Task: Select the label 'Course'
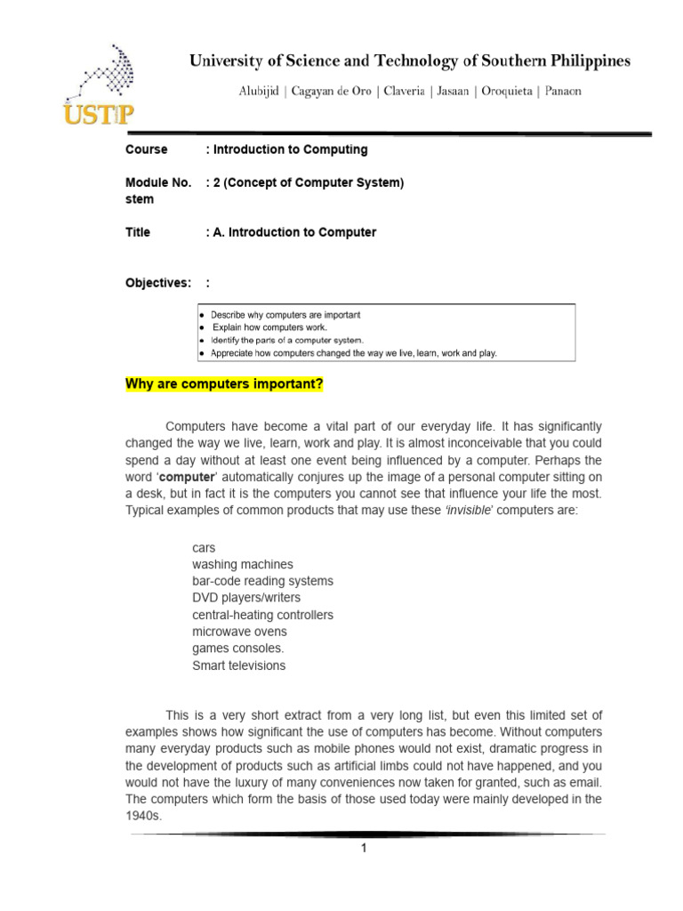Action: (x=146, y=149)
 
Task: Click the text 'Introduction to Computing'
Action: (x=289, y=149)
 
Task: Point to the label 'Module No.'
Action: (x=157, y=182)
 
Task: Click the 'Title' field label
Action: (x=138, y=232)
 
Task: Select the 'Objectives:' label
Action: (x=157, y=283)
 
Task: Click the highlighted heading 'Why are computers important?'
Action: (x=224, y=384)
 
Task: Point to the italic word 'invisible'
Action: (x=470, y=510)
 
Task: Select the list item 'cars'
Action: (x=204, y=548)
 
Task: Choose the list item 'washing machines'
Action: (x=242, y=564)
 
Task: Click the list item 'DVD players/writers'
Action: (x=246, y=598)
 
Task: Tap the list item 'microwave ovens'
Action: (x=240, y=632)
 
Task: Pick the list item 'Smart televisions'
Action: (x=239, y=665)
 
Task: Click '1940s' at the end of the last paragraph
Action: (x=143, y=815)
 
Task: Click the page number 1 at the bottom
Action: (x=363, y=848)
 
